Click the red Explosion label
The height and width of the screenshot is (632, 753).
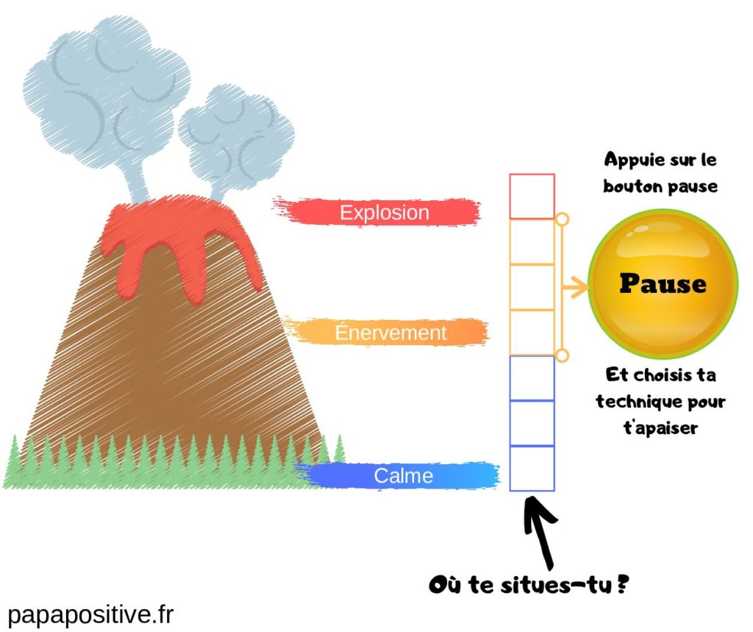tap(384, 213)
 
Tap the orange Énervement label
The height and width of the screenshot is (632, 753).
tap(390, 333)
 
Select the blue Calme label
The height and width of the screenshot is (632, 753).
tap(403, 475)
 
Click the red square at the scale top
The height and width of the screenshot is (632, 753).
tap(532, 196)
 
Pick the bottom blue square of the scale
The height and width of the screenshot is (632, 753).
tap(532, 468)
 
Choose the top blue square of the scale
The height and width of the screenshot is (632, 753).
tap(532, 378)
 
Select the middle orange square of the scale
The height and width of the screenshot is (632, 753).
tap(532, 287)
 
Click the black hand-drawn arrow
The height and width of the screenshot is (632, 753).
tap(539, 530)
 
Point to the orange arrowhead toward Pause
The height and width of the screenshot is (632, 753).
tap(581, 287)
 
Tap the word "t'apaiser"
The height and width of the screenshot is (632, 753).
tap(660, 427)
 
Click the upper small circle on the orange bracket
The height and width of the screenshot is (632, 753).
tap(561, 219)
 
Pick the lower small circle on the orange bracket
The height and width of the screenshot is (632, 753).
tap(561, 356)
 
